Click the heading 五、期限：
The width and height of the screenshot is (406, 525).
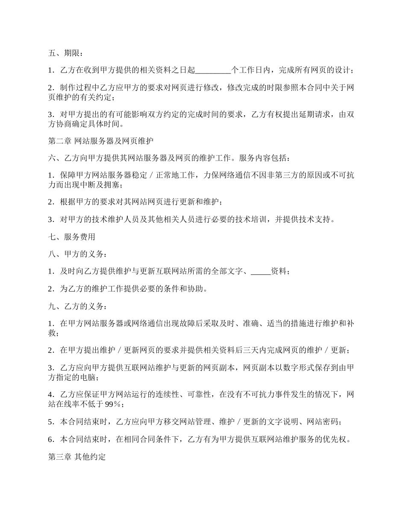[x=65, y=53]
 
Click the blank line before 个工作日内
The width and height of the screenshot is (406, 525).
[x=213, y=69]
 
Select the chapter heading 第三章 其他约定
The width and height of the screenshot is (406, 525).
[x=76, y=457]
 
